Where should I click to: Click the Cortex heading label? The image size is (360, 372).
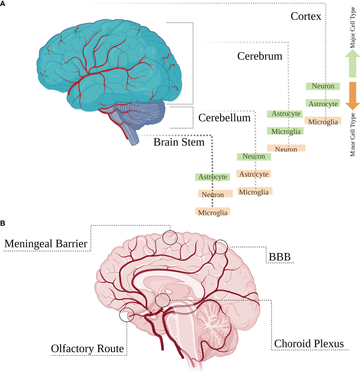[x=306, y=16]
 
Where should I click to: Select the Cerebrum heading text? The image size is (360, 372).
[x=260, y=56]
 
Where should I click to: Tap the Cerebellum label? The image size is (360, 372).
[x=224, y=118]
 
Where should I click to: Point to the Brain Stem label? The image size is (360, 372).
[x=179, y=142]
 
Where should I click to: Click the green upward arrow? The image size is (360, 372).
[x=352, y=64]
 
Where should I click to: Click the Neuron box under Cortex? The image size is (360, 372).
[x=323, y=86]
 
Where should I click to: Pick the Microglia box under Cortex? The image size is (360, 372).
[x=323, y=122]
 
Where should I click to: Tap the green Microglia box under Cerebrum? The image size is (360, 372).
[x=286, y=131]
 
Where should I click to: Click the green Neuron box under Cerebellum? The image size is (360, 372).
[x=254, y=156]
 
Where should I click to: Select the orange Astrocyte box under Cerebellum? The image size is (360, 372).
[x=253, y=174]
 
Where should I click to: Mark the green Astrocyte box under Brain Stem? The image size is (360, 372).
[x=213, y=177]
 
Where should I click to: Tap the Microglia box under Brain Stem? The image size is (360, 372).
[x=213, y=212]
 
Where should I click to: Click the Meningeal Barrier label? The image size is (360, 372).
[x=46, y=244]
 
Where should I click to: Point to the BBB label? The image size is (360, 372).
[x=280, y=257]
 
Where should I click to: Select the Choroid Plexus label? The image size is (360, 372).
[x=309, y=343]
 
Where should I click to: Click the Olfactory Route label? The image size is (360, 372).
[x=88, y=349]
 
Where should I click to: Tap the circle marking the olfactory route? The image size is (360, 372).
[x=120, y=315]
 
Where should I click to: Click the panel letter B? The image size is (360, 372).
[x=3, y=223]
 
